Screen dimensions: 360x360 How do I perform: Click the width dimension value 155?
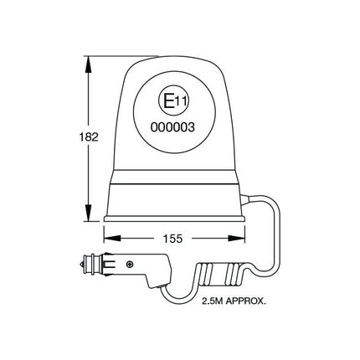pos(173,238)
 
